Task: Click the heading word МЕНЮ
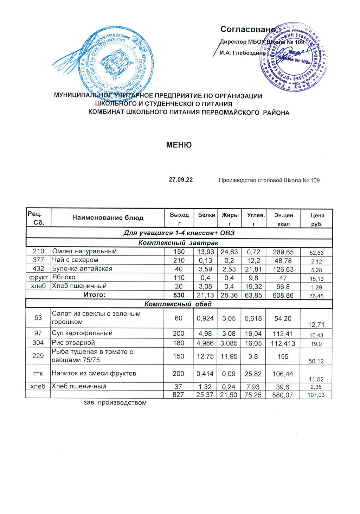click(x=179, y=145)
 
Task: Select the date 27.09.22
click(x=181, y=180)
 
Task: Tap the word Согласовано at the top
click(x=248, y=29)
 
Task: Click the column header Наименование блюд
click(x=108, y=218)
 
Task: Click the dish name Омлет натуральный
click(x=84, y=251)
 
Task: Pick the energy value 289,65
click(x=283, y=252)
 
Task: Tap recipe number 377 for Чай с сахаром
click(x=38, y=260)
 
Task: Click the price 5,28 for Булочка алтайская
click(x=317, y=270)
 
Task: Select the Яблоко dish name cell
click(x=64, y=277)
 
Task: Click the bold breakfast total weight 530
click(x=179, y=295)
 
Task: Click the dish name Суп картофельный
click(x=82, y=333)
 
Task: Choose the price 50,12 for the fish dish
click(x=316, y=361)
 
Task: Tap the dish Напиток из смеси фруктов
click(x=94, y=373)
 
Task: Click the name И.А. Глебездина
click(x=243, y=53)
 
